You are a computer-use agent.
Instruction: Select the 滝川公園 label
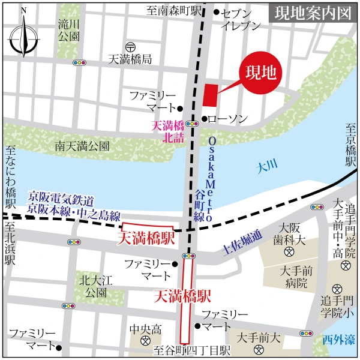click(x=70, y=31)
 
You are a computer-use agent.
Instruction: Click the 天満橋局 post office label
click(x=130, y=59)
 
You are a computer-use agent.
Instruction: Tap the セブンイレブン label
click(x=241, y=19)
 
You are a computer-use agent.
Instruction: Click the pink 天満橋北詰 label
click(x=167, y=131)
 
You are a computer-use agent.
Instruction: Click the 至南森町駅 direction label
click(x=173, y=10)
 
